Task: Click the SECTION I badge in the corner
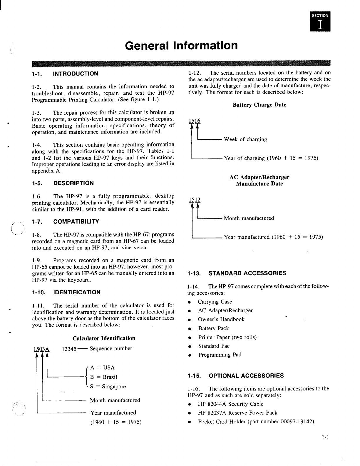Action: [320, 21]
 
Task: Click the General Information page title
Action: [181, 46]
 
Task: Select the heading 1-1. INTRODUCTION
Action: [65, 74]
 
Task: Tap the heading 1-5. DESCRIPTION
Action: [63, 183]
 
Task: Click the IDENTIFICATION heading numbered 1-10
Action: [66, 292]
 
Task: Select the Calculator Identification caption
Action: [104, 338]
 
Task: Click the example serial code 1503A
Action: [42, 349]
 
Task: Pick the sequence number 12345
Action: [69, 349]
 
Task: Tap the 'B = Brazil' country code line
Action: [103, 377]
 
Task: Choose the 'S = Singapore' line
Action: [108, 386]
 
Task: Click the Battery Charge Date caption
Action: [259, 105]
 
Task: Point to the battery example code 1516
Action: [195, 121]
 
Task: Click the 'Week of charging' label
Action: [245, 139]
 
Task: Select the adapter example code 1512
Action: [195, 200]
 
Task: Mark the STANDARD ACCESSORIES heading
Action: [237, 273]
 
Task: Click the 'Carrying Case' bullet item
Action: [215, 302]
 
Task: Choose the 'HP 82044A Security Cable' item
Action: [230, 404]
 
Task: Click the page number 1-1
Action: [325, 437]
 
